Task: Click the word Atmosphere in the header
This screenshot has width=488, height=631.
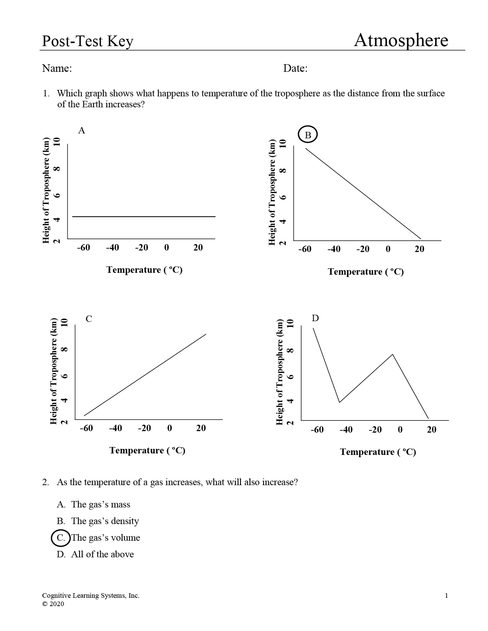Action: (401, 40)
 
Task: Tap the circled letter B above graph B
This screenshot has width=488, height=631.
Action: (308, 135)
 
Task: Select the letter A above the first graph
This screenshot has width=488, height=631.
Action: (82, 130)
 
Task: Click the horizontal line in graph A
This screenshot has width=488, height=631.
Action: (144, 217)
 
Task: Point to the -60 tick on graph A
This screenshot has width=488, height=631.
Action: (83, 247)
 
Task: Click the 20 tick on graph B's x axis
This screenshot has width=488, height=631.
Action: (419, 249)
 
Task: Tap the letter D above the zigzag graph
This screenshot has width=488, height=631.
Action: (315, 318)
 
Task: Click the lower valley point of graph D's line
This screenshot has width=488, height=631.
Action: (339, 402)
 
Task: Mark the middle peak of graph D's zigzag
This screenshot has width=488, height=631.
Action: (393, 354)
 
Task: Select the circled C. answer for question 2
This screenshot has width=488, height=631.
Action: (61, 538)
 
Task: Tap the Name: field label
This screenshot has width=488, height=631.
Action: (57, 68)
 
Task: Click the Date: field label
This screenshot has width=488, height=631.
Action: (295, 68)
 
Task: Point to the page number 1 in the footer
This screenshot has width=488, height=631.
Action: (446, 596)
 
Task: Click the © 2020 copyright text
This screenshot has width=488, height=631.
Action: (53, 604)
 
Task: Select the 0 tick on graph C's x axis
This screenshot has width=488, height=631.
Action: (169, 428)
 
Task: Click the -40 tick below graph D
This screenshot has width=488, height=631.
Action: (346, 430)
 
